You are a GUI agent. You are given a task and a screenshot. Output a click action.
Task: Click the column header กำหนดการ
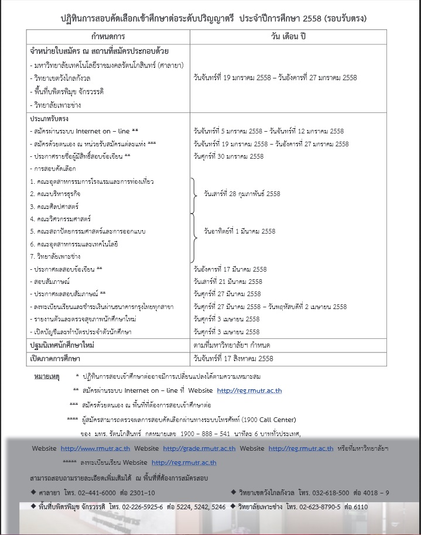[x=109, y=36]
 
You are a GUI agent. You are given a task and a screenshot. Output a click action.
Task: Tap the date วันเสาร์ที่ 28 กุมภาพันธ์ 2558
[x=242, y=194]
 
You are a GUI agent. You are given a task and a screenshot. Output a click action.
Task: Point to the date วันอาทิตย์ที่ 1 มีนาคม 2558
[x=239, y=231]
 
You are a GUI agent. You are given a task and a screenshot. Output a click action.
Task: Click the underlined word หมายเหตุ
[x=47, y=375]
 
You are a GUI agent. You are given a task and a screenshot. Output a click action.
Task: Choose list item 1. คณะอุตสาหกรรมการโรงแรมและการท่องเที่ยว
[x=91, y=181]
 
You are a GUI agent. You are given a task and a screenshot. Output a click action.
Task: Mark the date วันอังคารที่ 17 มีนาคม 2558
[x=230, y=269]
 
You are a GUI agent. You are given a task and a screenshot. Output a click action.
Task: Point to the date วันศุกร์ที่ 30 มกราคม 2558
[x=228, y=156]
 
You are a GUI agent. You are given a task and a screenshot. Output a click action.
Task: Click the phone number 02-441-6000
[x=93, y=492]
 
